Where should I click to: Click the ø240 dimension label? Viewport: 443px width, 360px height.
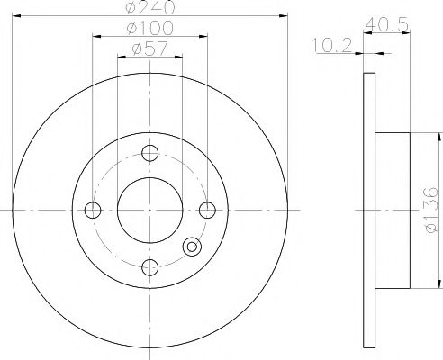point(150,8)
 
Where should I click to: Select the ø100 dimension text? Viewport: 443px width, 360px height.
point(150,30)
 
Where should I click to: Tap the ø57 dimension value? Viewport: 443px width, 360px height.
point(150,49)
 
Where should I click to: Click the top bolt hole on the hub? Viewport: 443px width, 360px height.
point(150,153)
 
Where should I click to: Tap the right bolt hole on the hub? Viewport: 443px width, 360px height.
point(208,211)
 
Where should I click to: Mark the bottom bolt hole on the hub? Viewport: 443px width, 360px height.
point(150,267)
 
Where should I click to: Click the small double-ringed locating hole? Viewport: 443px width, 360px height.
point(191,247)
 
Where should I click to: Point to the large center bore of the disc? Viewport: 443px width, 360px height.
point(150,211)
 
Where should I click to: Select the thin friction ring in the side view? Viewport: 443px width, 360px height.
point(367,211)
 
